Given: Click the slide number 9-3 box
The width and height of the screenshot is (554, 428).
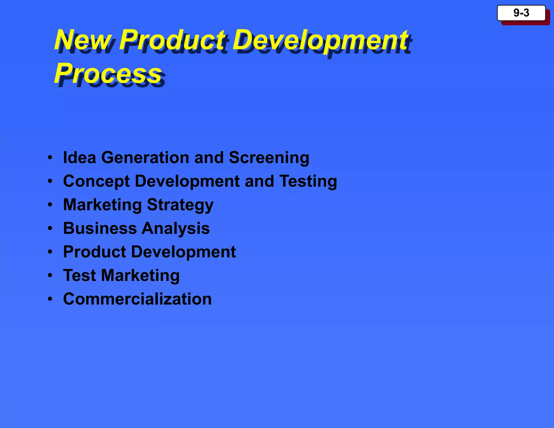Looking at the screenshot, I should (x=521, y=13).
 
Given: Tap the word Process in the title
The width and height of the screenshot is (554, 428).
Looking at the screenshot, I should (x=108, y=73).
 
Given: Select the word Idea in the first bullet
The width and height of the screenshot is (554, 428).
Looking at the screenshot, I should (x=80, y=157).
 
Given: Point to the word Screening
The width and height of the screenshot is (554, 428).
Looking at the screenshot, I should (x=269, y=158).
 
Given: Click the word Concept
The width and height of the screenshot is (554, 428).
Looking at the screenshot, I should (x=96, y=182).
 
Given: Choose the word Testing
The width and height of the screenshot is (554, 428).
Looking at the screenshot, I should (x=308, y=182).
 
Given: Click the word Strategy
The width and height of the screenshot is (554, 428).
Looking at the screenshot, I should (x=180, y=205).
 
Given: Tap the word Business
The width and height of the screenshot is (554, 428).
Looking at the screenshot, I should (x=100, y=228).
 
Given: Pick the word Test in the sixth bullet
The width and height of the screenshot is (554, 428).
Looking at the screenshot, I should (x=80, y=275).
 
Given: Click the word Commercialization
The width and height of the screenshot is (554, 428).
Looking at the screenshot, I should (x=137, y=299).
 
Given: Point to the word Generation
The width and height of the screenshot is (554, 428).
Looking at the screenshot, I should (x=145, y=157).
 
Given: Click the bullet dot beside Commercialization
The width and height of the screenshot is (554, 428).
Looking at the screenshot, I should (x=50, y=299).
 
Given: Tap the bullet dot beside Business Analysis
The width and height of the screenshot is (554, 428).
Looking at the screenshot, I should (x=50, y=229).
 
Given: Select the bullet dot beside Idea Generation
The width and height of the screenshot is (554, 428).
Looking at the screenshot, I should (x=50, y=157).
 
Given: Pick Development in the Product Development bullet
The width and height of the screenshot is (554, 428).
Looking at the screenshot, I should (x=183, y=252).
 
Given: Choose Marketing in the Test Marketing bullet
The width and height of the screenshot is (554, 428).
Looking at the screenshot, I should (x=140, y=276).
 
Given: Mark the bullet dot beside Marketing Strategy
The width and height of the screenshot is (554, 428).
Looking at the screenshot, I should (x=50, y=205).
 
